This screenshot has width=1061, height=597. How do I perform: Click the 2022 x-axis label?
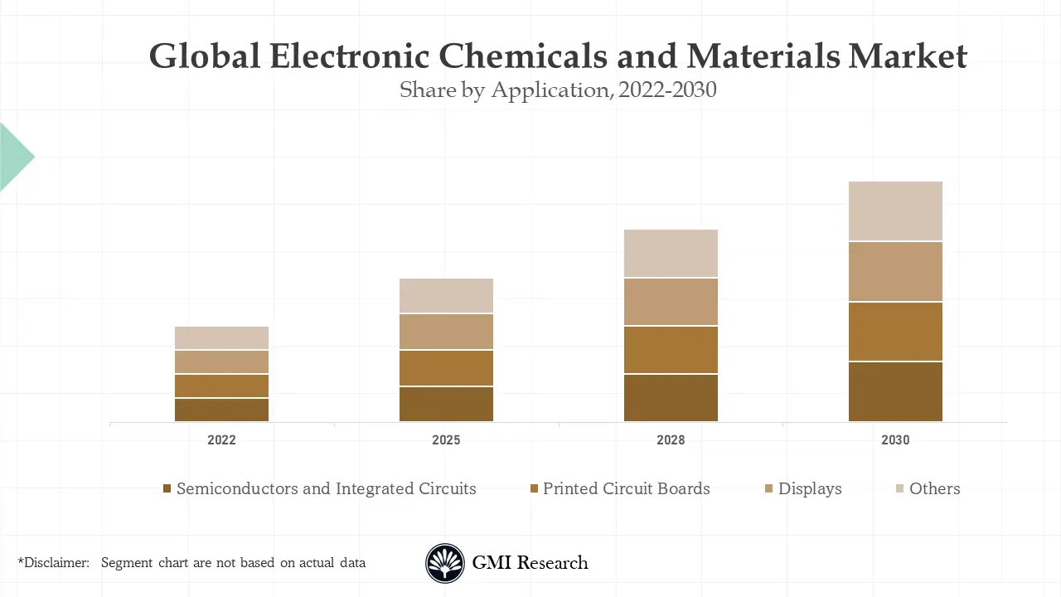click(x=221, y=440)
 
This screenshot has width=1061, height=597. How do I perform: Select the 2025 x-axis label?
click(x=446, y=440)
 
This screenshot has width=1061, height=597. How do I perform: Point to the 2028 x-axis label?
click(x=671, y=440)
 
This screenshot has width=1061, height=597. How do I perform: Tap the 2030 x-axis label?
click(x=895, y=440)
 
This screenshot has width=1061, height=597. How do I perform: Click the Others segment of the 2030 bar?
click(x=895, y=211)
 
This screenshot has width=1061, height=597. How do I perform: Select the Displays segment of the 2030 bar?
click(x=895, y=271)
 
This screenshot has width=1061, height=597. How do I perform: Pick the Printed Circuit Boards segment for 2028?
click(x=671, y=350)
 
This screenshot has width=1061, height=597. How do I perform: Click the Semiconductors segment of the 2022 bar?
click(x=221, y=410)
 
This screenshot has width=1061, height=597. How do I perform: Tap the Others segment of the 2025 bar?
click(x=446, y=295)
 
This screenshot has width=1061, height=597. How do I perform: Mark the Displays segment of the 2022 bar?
click(x=221, y=362)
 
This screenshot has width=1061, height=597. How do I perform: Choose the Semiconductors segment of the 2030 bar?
click(x=895, y=392)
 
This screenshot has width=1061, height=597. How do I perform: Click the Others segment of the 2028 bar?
click(x=671, y=253)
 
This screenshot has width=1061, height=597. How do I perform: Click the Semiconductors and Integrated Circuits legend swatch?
click(x=167, y=489)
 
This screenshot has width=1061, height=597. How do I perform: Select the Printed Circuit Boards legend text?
click(x=626, y=489)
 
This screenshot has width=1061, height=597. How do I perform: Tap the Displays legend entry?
click(x=809, y=489)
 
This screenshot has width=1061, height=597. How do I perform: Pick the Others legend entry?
click(x=934, y=489)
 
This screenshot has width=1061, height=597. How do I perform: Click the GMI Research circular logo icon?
click(x=445, y=563)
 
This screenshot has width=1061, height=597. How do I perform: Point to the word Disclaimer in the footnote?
click(x=55, y=563)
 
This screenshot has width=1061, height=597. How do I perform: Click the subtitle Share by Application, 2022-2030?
click(x=557, y=90)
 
